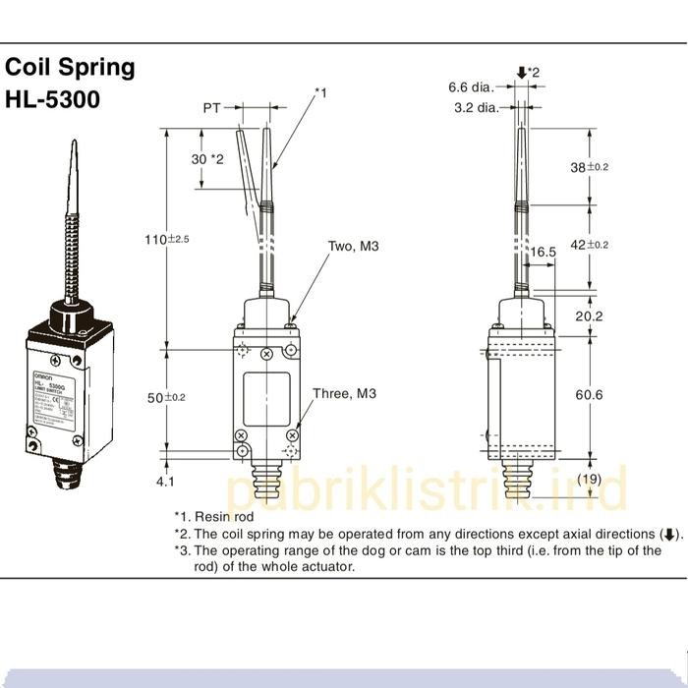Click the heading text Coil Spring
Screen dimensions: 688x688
click(70, 68)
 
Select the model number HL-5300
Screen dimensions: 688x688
click(52, 99)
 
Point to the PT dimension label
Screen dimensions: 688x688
click(212, 109)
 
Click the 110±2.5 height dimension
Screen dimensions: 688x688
click(167, 239)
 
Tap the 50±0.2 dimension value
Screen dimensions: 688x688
click(167, 397)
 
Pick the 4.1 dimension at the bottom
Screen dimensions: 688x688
click(164, 482)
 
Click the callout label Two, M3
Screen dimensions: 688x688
click(353, 246)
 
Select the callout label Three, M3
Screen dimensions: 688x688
click(344, 394)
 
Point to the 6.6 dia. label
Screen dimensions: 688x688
click(470, 87)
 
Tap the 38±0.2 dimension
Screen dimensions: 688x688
click(590, 167)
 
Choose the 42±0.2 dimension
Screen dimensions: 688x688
click(590, 245)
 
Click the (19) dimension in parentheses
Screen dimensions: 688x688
click(589, 479)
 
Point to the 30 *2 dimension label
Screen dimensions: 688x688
click(208, 158)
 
